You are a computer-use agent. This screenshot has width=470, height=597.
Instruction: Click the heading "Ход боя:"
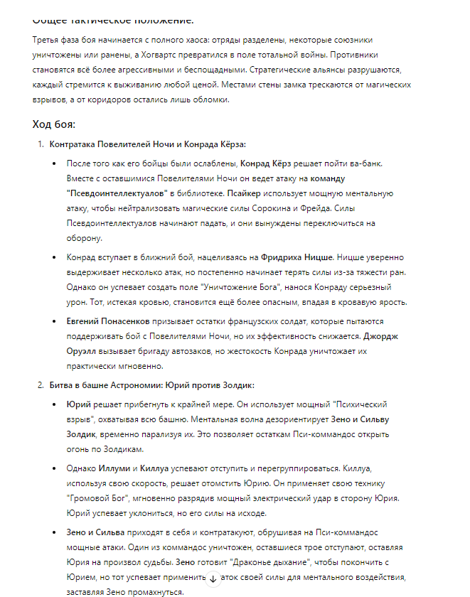(x=53, y=125)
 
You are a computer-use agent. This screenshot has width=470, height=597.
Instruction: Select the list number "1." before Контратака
(x=41, y=145)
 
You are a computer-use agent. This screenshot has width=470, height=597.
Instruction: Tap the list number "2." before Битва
(x=41, y=385)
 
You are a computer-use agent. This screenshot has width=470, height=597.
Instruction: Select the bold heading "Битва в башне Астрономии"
(x=102, y=385)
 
